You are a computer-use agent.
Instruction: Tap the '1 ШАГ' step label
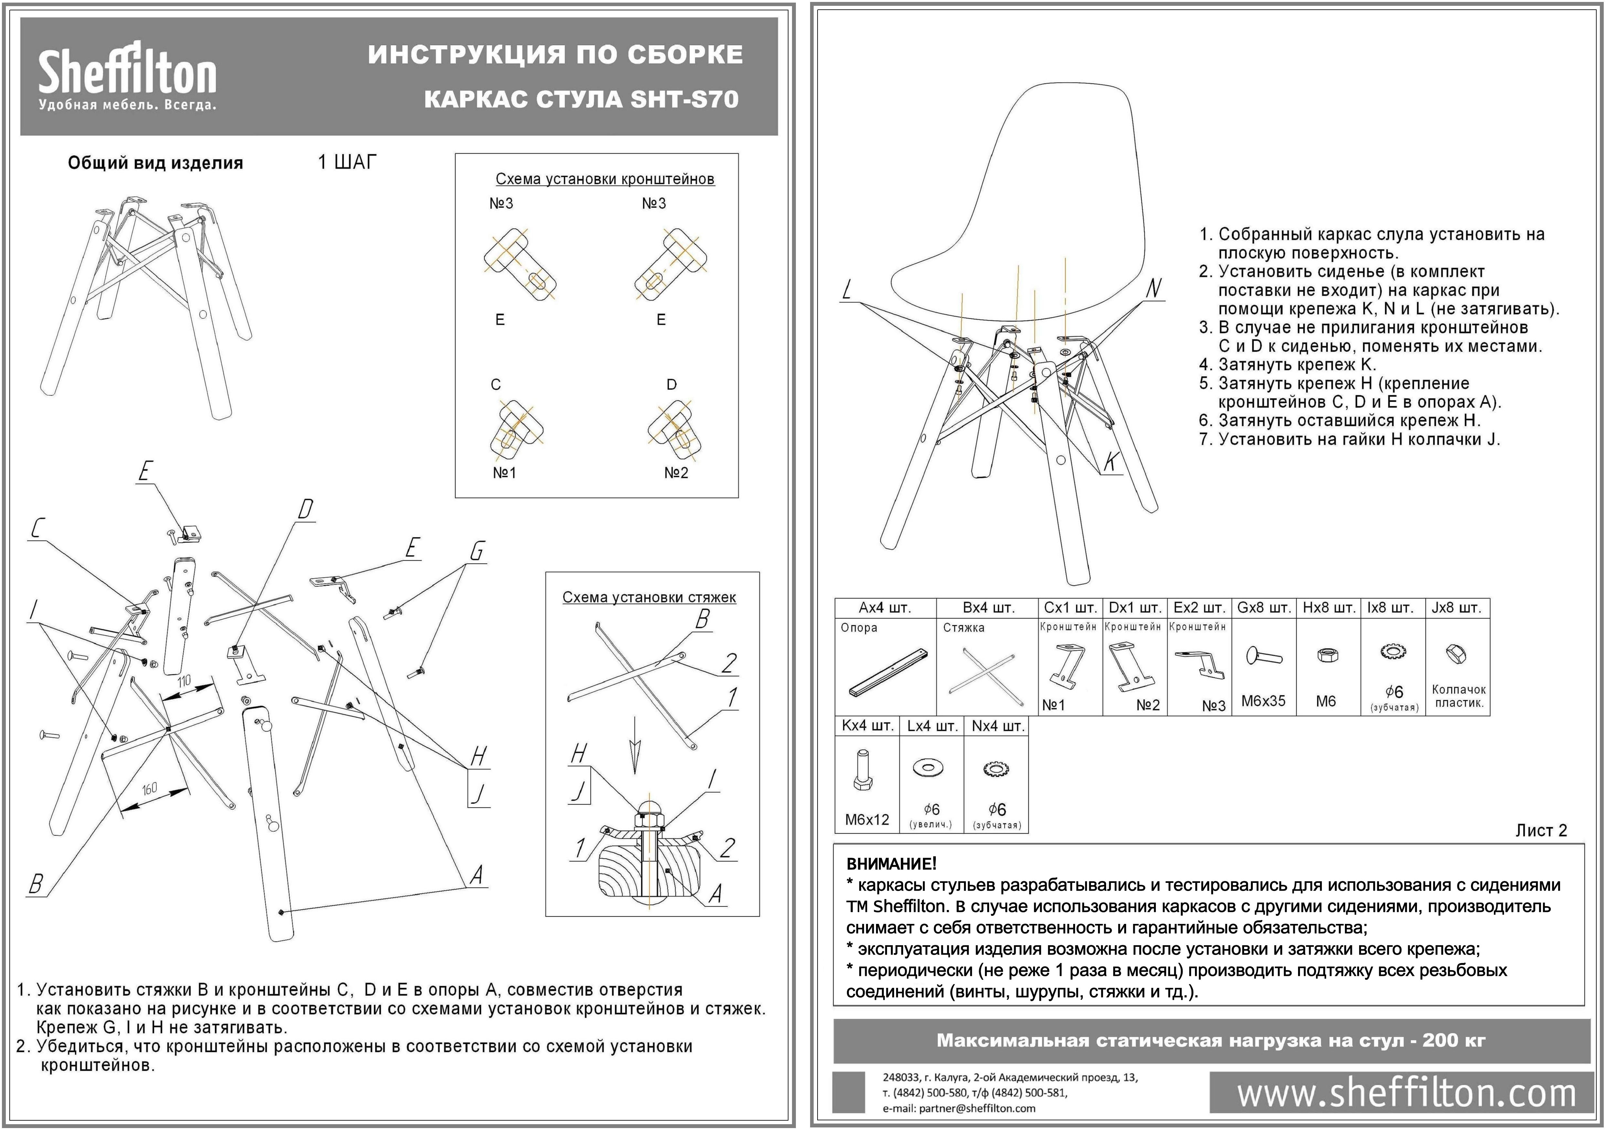[347, 162]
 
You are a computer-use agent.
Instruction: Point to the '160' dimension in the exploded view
[150, 789]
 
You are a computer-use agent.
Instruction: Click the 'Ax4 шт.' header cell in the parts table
[885, 608]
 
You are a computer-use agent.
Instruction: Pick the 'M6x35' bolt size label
[1263, 701]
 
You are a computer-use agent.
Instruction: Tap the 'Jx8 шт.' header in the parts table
[1456, 608]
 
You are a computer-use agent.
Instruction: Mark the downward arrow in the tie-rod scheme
[634, 745]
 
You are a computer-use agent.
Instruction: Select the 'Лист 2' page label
[1541, 830]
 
